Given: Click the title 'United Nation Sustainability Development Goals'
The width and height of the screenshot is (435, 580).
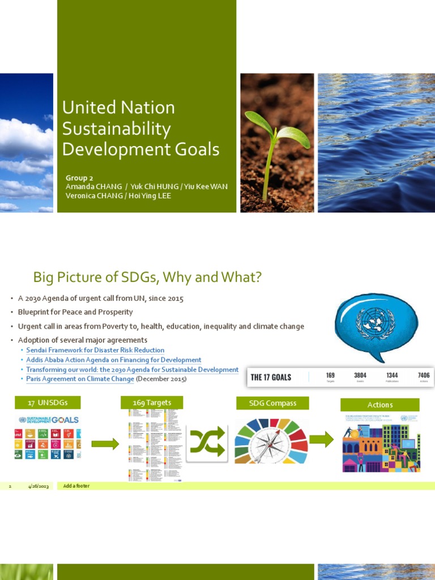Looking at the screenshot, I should [140, 128].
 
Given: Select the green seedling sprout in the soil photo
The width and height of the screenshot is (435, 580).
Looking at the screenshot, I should [276, 142].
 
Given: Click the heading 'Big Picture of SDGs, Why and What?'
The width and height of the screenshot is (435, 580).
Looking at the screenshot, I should [147, 277].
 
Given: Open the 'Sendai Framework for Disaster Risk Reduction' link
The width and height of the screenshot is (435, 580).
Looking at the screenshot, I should [95, 351].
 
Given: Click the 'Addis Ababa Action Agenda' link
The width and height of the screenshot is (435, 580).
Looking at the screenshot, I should [113, 360].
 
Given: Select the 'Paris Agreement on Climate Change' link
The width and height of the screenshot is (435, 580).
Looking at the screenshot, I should [80, 379].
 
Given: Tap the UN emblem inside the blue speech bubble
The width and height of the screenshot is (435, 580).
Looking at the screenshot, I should [374, 323].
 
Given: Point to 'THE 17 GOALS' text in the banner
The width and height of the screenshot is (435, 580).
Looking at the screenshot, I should [271, 377].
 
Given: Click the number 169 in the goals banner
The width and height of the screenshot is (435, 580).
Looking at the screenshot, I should [331, 375].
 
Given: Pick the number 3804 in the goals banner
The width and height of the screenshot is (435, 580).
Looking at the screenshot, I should [360, 375].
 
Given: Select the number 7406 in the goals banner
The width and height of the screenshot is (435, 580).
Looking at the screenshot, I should [424, 375].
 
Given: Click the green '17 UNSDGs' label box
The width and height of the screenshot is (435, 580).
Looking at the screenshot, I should [48, 403].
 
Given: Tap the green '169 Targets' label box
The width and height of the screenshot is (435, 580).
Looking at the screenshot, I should [152, 403].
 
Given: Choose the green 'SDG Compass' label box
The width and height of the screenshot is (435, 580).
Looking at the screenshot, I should [272, 403].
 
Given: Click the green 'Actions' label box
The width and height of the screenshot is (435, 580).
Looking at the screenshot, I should [379, 405].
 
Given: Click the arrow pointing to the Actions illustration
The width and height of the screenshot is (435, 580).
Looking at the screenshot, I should [321, 440].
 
